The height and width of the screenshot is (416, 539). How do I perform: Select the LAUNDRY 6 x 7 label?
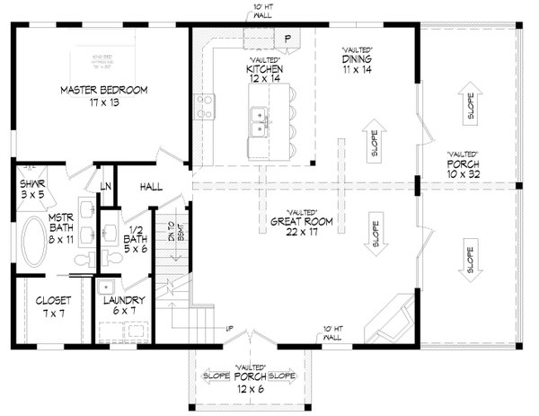(119, 307)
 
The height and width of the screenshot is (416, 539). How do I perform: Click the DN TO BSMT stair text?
(165, 236)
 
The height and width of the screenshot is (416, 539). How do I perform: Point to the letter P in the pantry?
(287, 39)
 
